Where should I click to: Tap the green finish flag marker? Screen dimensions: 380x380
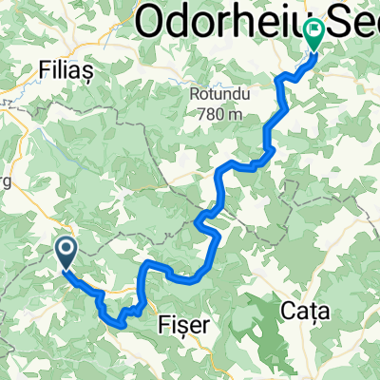pyautogui.click(x=314, y=35)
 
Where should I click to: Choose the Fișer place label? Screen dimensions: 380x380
pyautogui.click(x=188, y=324)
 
